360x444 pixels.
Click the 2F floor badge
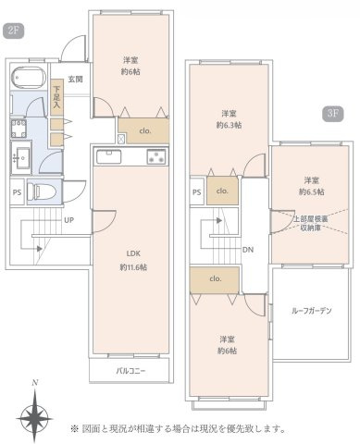pyautogui.click(x=13, y=31)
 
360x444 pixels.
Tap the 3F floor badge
pyautogui.click(x=332, y=115)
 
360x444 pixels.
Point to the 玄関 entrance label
pyautogui.click(x=75, y=80)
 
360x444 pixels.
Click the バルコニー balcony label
pyautogui.click(x=130, y=372)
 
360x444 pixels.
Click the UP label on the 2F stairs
pyautogui.click(x=69, y=220)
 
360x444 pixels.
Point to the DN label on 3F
pyautogui.click(x=248, y=250)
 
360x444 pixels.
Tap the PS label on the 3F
pyautogui.click(x=196, y=192)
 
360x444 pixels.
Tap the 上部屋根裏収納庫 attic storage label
pyautogui.click(x=312, y=226)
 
